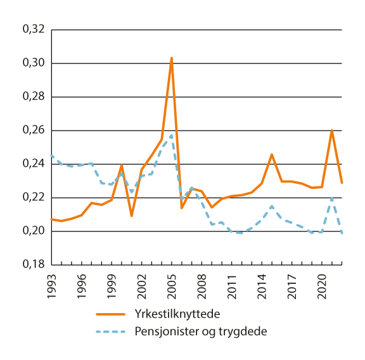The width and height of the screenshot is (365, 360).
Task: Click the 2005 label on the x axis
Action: coord(172,284)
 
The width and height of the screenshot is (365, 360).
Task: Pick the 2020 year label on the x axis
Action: coord(322,284)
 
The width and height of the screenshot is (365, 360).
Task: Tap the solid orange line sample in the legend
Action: coord(112,314)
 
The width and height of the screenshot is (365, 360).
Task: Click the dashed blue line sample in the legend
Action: coord(112,330)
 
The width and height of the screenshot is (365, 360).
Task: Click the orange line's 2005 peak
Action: coord(172,58)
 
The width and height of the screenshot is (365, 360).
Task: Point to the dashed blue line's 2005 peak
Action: coord(171,135)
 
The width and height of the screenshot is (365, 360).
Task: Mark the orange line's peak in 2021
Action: coord(331,130)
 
